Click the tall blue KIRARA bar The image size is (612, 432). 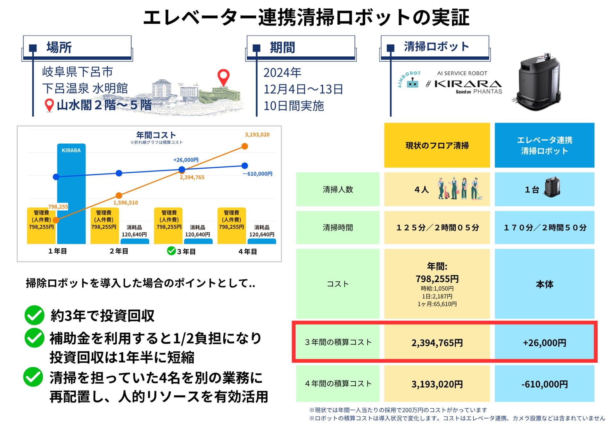[x=71, y=192]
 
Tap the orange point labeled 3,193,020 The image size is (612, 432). [x=244, y=146]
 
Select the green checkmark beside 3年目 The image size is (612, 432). [x=171, y=251]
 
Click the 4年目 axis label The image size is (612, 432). [x=247, y=252]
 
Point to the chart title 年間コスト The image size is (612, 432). [x=156, y=135]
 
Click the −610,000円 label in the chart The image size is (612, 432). [x=258, y=174]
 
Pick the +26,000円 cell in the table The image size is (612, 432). [x=544, y=343]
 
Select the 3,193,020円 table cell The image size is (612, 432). [x=437, y=384]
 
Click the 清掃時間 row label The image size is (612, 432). [x=337, y=228]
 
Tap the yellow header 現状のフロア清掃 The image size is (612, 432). [x=437, y=146]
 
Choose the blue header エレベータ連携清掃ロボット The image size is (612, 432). [x=544, y=146]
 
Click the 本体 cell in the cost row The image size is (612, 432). [x=544, y=284]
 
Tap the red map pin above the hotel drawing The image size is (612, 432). [x=223, y=77]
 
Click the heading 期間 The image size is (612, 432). [x=282, y=48]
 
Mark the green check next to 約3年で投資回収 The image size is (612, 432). [x=34, y=315]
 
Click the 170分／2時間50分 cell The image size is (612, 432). [x=545, y=228]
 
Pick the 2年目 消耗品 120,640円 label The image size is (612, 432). [x=134, y=231]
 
